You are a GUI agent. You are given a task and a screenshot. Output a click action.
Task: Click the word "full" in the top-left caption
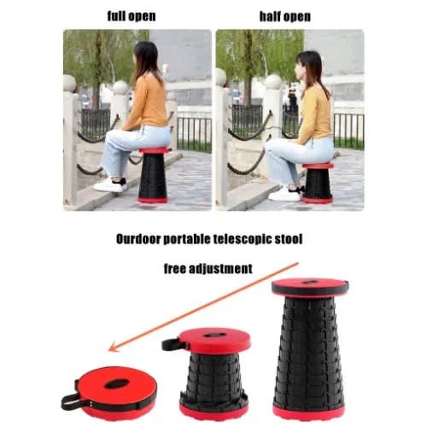tap(116, 16)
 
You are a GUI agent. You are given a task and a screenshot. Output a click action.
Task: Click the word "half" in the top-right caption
tap(269, 16)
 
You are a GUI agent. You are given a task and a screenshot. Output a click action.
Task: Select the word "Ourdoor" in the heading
tap(138, 239)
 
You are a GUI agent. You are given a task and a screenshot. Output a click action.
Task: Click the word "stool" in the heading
tap(289, 239)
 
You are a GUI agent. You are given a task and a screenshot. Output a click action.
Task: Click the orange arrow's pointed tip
tap(109, 351)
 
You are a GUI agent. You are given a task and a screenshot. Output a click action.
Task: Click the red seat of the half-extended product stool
tap(214, 341)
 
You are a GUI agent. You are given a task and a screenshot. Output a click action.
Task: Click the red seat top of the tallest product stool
tap(310, 287)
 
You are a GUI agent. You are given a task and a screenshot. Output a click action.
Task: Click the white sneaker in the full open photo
tap(110, 185)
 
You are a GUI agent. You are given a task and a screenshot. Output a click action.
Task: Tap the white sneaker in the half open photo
tap(285, 194)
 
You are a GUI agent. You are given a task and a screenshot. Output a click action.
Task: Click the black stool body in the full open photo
tap(153, 176)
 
